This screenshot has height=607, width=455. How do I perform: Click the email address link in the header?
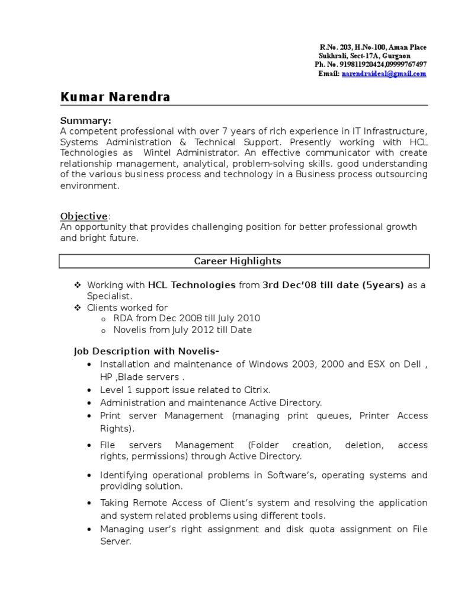click(384, 74)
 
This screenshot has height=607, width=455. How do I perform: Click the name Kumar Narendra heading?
click(115, 97)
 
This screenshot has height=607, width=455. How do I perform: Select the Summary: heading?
click(85, 120)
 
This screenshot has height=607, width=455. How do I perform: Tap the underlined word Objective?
click(84, 216)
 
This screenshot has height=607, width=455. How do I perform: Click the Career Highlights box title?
click(238, 261)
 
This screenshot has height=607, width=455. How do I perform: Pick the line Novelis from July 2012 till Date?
click(182, 330)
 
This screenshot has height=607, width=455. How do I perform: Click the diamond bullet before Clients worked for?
click(77, 308)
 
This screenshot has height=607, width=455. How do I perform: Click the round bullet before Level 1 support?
click(89, 391)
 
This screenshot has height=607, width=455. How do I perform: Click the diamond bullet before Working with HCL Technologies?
click(77, 285)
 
